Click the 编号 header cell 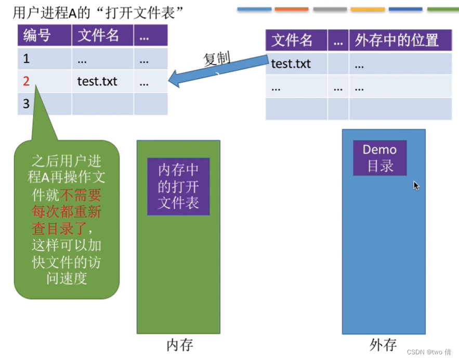(x=36, y=36)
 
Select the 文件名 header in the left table (x=98, y=36)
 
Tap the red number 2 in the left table (x=27, y=81)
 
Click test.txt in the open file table (x=97, y=81)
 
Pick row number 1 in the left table (x=27, y=59)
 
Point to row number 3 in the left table (x=27, y=104)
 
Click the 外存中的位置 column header (x=397, y=41)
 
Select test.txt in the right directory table (x=291, y=63)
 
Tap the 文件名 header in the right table (x=292, y=41)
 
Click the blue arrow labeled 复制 (x=218, y=70)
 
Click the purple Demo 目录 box (x=379, y=158)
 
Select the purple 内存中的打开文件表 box (x=178, y=187)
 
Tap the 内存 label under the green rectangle (x=179, y=344)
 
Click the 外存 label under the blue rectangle (x=383, y=344)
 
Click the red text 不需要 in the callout (x=81, y=196)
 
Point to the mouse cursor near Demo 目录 (x=416, y=185)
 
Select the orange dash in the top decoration (x=292, y=9)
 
